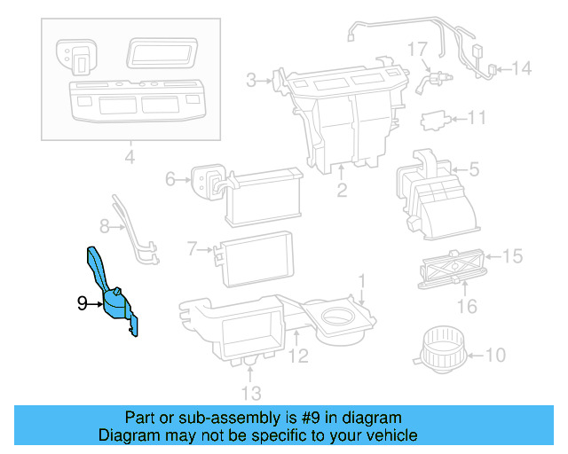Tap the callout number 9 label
82,303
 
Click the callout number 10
495,356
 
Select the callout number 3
251,82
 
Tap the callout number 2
341,191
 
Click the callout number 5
474,168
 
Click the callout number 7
192,250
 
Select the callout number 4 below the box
129,159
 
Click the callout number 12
298,357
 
